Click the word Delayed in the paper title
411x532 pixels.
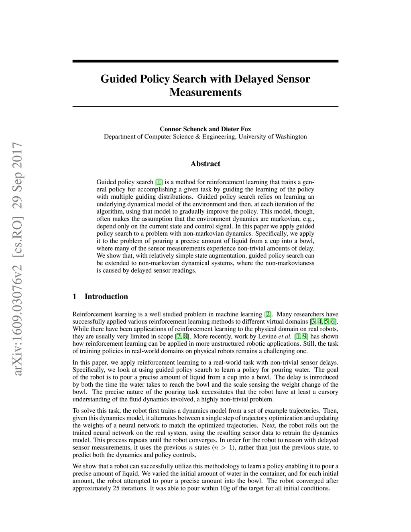254,79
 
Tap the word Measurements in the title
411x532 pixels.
205,92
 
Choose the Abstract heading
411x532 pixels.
205,164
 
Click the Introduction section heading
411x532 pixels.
106,297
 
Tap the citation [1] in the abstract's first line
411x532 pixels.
159,182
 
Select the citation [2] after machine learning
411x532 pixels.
268,314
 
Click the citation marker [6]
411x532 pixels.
334,322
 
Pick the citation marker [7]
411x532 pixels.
178,336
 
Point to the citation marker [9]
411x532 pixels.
305,336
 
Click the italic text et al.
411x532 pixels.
285,336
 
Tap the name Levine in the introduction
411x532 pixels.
267,336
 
